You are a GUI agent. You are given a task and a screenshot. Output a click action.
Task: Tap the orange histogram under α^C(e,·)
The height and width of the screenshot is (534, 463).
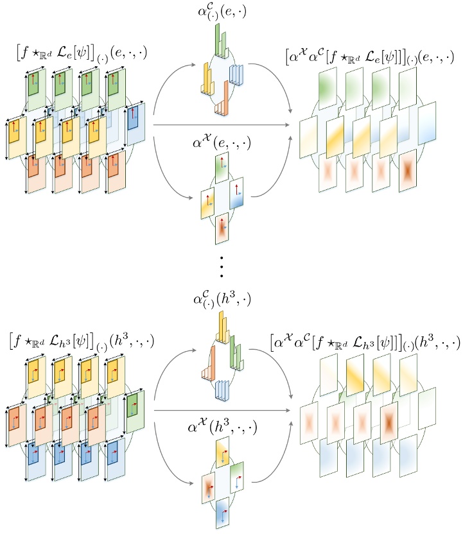click(x=223, y=101)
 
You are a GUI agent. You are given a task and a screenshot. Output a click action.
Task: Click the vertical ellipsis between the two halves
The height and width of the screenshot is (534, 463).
click(x=222, y=266)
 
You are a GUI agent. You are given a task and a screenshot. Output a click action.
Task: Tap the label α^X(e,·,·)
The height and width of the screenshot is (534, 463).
click(x=222, y=141)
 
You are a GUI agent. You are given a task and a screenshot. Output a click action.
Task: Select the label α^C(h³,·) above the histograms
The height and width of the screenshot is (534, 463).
click(x=222, y=300)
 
